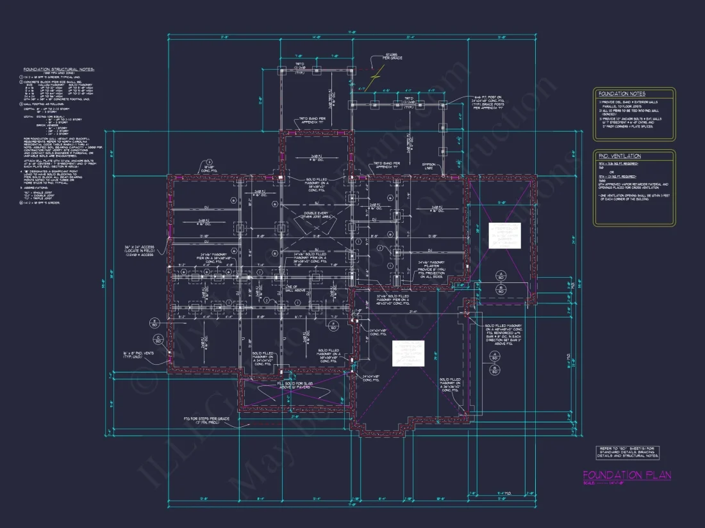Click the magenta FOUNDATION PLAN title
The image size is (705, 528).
[627, 475]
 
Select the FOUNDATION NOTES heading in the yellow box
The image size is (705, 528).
[619, 93]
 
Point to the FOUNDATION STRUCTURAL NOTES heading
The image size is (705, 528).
[59, 69]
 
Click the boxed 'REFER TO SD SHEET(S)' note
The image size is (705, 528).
[627, 452]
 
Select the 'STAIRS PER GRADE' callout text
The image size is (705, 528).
[390, 57]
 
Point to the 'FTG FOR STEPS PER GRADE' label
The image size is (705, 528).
[204, 420]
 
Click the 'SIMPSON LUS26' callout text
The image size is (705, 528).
[430, 166]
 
